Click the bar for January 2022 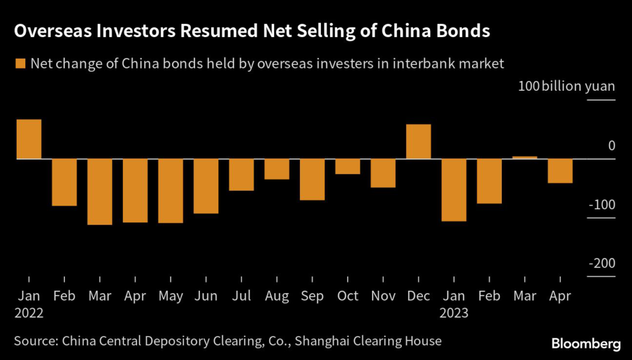[x=28, y=140]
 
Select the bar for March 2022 [x=99, y=191]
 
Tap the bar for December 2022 [x=418, y=142]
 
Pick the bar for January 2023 [x=454, y=190]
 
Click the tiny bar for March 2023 [x=525, y=157]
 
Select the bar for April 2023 [x=560, y=171]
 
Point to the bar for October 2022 [x=347, y=167]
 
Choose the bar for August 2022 [x=276, y=169]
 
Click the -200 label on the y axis [x=602, y=264]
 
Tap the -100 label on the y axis [x=602, y=204]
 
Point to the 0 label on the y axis [x=611, y=146]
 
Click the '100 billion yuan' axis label [x=567, y=86]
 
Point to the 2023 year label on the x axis [x=454, y=313]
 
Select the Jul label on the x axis [x=241, y=296]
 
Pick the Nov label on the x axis [x=383, y=296]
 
